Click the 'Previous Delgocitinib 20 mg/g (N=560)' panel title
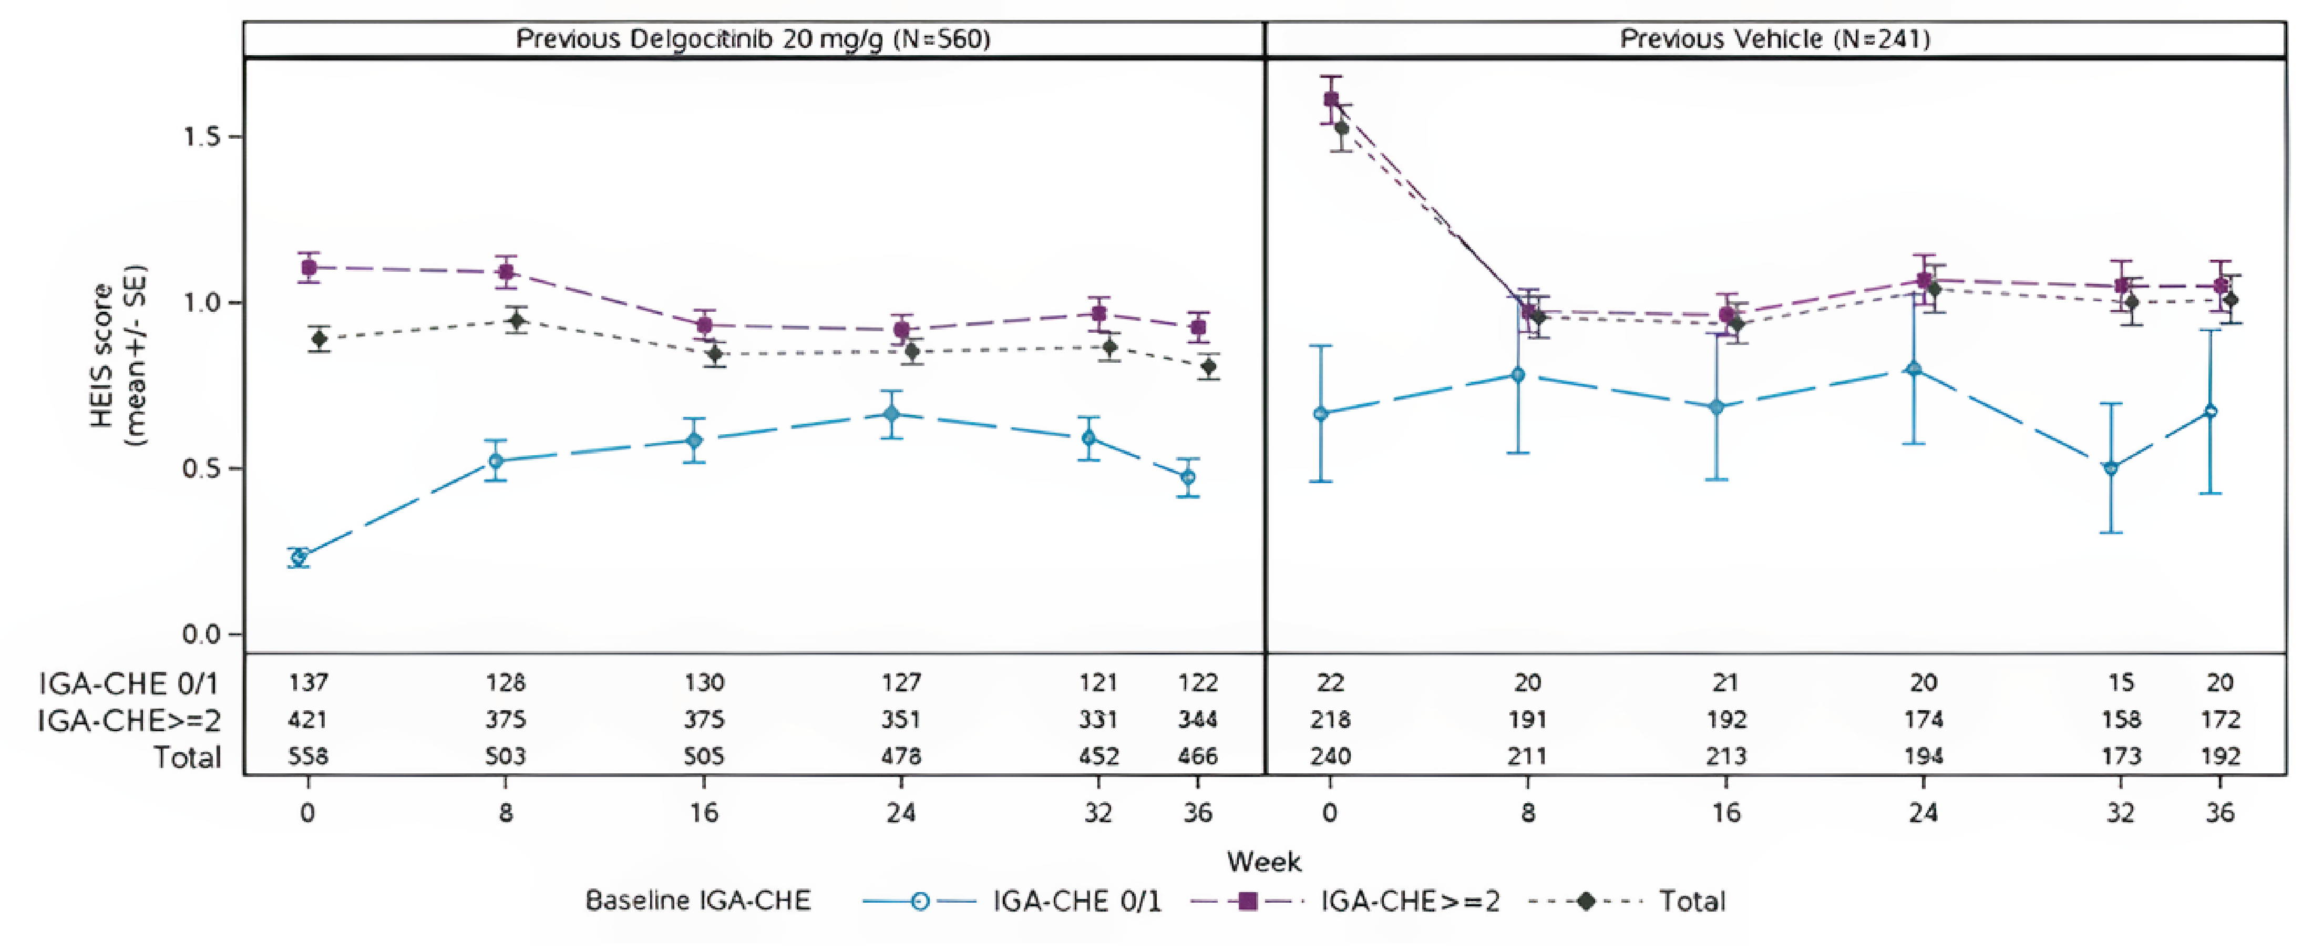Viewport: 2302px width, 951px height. click(753, 39)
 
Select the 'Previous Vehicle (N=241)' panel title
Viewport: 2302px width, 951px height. click(1775, 39)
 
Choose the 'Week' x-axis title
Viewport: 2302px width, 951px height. click(1263, 862)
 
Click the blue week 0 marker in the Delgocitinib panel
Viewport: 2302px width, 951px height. click(300, 557)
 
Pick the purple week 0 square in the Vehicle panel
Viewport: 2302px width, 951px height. click(1331, 99)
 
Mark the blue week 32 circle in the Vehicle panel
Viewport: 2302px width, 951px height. click(2111, 467)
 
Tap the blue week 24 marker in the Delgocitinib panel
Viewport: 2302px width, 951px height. click(891, 414)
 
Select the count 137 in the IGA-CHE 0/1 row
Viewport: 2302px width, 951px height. click(309, 683)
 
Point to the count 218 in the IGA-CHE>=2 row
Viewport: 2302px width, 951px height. click(1331, 720)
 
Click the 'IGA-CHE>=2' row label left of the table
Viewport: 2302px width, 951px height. click(130, 720)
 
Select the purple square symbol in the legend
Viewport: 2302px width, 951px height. click(1248, 901)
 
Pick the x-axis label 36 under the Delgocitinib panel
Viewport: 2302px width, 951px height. click(1197, 812)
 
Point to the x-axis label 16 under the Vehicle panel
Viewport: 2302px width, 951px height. click(1725, 812)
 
